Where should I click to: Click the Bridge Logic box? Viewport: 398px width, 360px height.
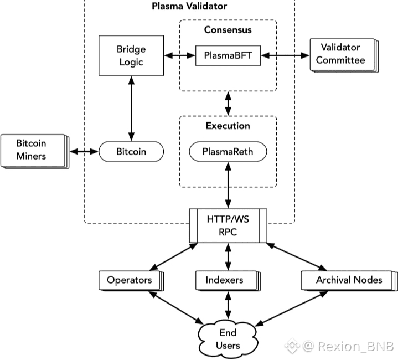click(x=131, y=55)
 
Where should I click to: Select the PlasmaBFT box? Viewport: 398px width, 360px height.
click(x=228, y=55)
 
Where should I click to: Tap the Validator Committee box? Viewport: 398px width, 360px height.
click(x=344, y=55)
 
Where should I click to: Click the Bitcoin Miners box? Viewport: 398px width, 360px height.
click(x=35, y=151)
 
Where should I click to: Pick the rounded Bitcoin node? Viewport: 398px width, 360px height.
click(x=131, y=152)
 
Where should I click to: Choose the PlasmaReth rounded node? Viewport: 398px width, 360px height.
click(x=228, y=152)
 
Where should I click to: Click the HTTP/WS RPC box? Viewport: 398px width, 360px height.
click(x=228, y=225)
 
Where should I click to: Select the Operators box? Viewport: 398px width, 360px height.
click(x=131, y=281)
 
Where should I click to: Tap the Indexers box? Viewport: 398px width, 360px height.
click(x=228, y=281)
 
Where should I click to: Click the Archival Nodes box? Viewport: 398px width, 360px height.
click(x=349, y=281)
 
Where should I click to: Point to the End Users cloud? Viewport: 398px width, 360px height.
click(x=228, y=339)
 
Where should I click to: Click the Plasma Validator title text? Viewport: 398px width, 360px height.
click(x=189, y=6)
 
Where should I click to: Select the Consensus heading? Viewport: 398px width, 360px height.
click(x=228, y=30)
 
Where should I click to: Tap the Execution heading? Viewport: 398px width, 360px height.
click(x=228, y=126)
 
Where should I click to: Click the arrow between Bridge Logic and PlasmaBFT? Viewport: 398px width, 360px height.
click(x=180, y=55)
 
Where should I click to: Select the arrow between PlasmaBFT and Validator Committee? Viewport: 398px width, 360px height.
click(x=285, y=55)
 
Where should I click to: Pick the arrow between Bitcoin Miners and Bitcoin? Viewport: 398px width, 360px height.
click(x=84, y=152)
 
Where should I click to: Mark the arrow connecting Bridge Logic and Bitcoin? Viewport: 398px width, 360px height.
click(x=131, y=109)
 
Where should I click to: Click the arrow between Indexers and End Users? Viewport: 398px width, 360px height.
click(x=228, y=305)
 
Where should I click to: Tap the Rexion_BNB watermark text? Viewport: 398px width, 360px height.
click(x=355, y=346)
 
